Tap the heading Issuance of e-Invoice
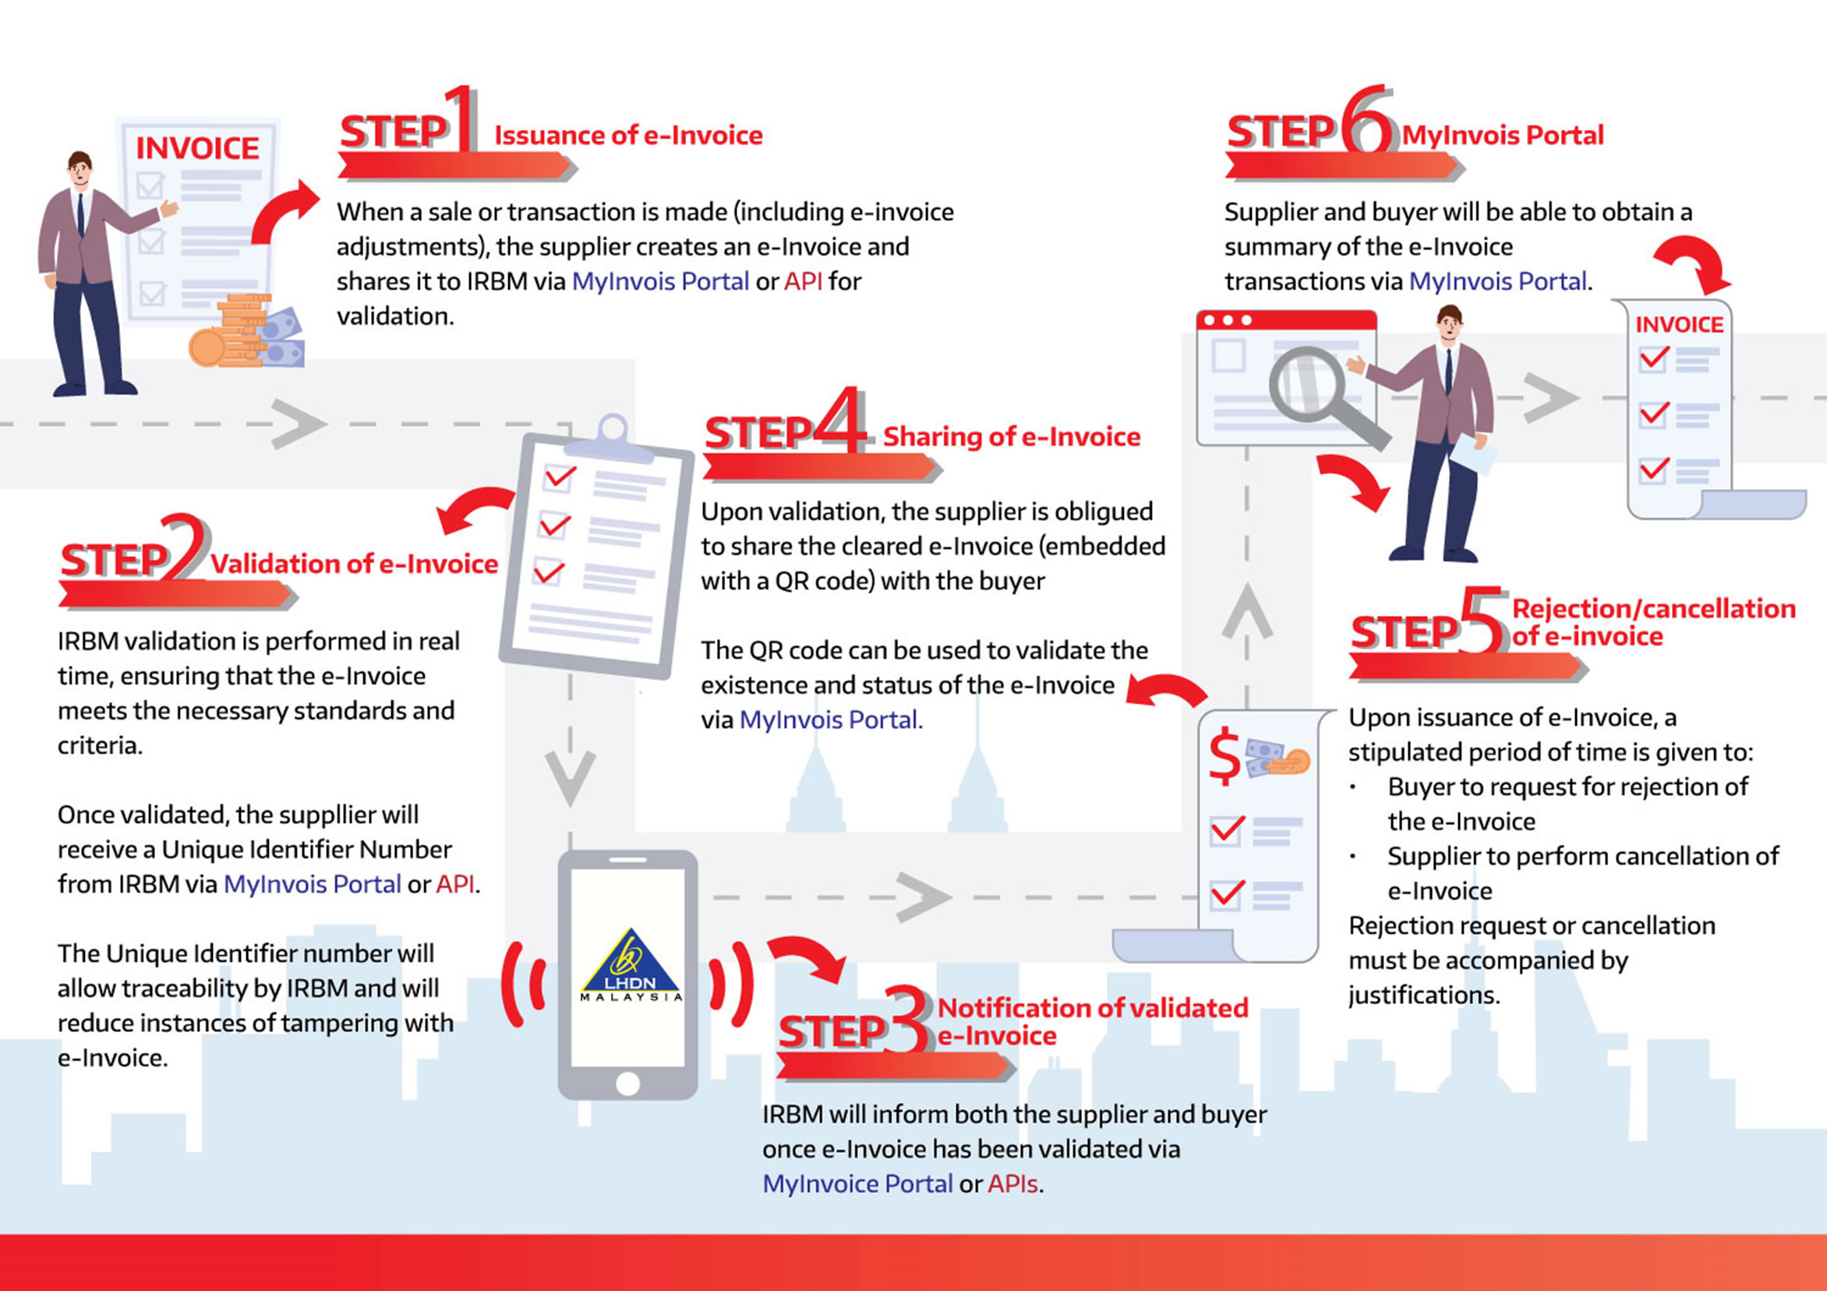(627, 136)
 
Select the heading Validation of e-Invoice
(354, 564)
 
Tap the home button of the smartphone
(627, 1084)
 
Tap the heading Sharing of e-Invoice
(1012, 436)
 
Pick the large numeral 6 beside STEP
(1367, 119)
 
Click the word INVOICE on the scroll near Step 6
(1679, 325)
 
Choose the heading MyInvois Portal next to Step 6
(1502, 136)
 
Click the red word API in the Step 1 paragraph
(803, 281)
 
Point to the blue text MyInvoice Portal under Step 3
(857, 1183)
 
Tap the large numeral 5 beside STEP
(1482, 621)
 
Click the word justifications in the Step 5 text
(1423, 995)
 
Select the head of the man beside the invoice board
(80, 168)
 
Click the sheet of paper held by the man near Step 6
(1471, 454)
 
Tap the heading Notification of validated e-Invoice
(1092, 1021)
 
